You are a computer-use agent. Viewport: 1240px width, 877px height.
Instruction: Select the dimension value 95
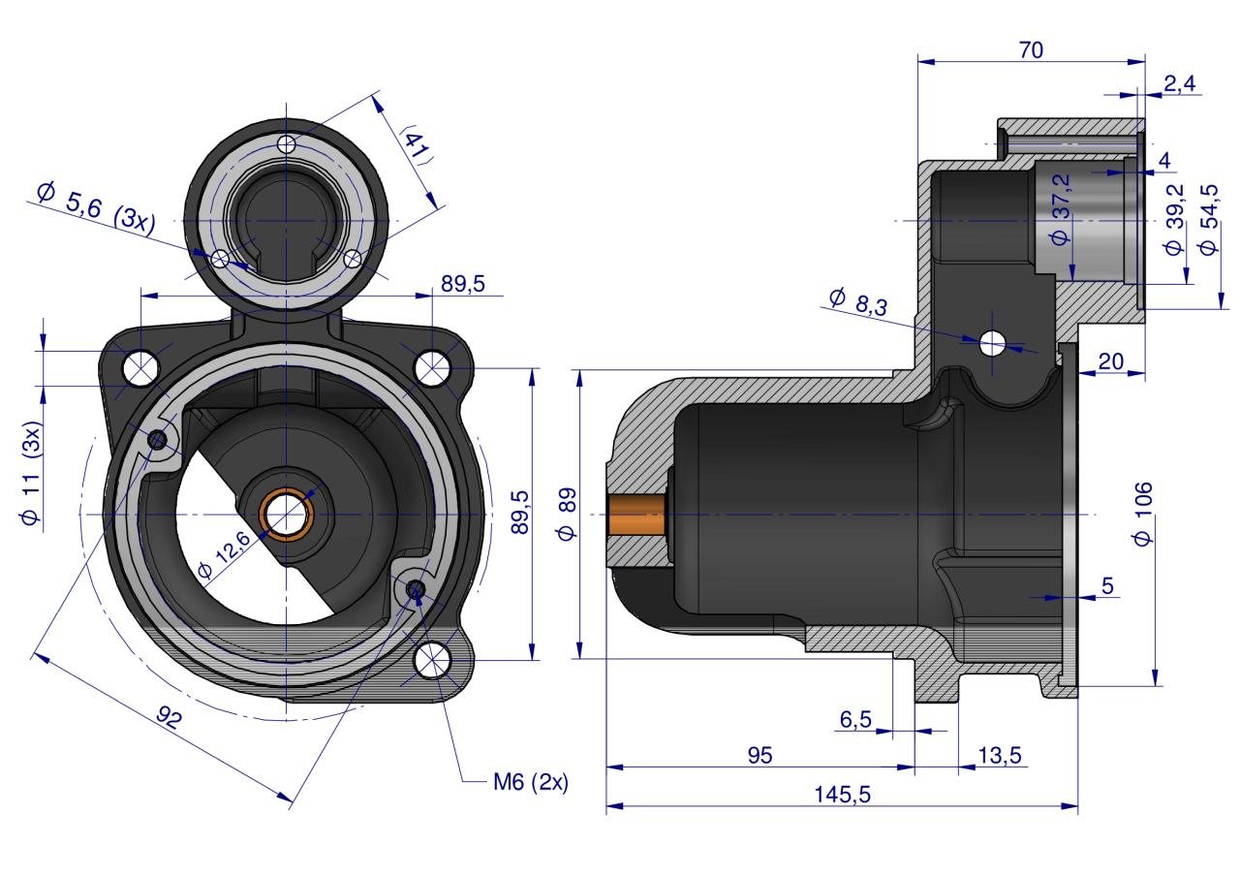click(760, 756)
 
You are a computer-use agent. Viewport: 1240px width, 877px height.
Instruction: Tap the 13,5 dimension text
click(1001, 756)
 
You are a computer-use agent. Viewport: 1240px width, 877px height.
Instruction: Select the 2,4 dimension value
click(1179, 84)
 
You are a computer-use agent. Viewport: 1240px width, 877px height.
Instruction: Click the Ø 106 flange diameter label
click(1145, 513)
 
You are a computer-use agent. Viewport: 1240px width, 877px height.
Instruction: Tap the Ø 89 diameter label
click(568, 513)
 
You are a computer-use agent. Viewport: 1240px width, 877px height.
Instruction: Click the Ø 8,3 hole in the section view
click(993, 342)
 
